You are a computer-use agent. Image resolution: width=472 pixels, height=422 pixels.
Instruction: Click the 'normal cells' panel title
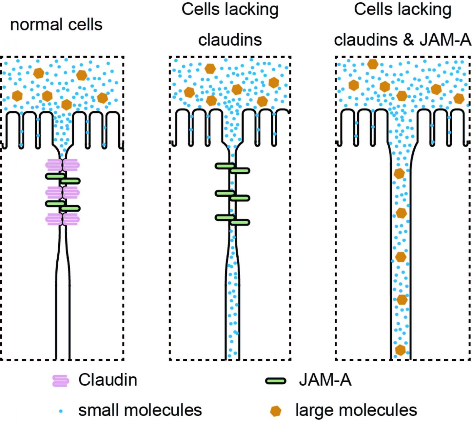(56, 25)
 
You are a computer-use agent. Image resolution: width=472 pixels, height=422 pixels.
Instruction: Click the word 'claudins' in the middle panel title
(230, 40)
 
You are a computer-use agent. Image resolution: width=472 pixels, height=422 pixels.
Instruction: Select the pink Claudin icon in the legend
(61, 381)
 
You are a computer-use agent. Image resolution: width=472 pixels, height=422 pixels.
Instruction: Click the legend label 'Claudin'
(108, 380)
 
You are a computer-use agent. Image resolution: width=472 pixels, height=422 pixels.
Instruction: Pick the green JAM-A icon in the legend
(275, 381)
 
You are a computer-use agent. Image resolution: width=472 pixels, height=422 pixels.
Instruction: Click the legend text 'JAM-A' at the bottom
(325, 380)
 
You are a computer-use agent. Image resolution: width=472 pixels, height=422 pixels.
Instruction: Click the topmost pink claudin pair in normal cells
(62, 165)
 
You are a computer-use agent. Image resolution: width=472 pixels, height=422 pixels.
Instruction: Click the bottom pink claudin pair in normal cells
(62, 219)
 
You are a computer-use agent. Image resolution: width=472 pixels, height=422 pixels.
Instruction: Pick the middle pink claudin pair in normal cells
(62, 192)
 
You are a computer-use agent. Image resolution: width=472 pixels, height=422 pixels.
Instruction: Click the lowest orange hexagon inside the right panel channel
(400, 350)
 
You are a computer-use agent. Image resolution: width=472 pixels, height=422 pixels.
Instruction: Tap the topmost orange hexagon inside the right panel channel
(399, 173)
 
